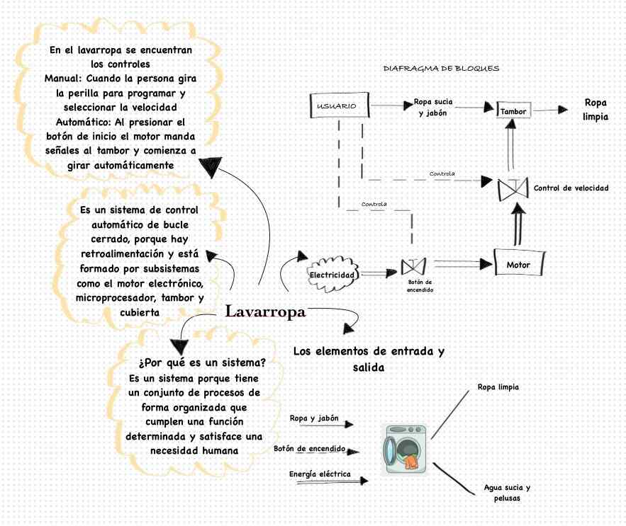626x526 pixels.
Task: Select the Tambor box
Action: pyautogui.click(x=513, y=112)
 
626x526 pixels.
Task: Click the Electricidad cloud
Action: pyautogui.click(x=333, y=273)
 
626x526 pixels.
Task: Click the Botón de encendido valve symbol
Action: pyautogui.click(x=411, y=268)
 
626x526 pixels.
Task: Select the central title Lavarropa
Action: pyautogui.click(x=265, y=311)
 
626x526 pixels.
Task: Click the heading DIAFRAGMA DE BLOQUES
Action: pyautogui.click(x=441, y=69)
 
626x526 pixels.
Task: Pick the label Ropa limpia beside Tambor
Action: pyautogui.click(x=596, y=110)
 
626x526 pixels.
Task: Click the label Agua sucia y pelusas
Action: pyautogui.click(x=507, y=493)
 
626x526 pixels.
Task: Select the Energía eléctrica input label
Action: pyautogui.click(x=320, y=474)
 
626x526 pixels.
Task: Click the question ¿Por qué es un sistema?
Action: pyautogui.click(x=203, y=362)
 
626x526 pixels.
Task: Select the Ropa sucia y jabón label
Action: pyautogui.click(x=432, y=107)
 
